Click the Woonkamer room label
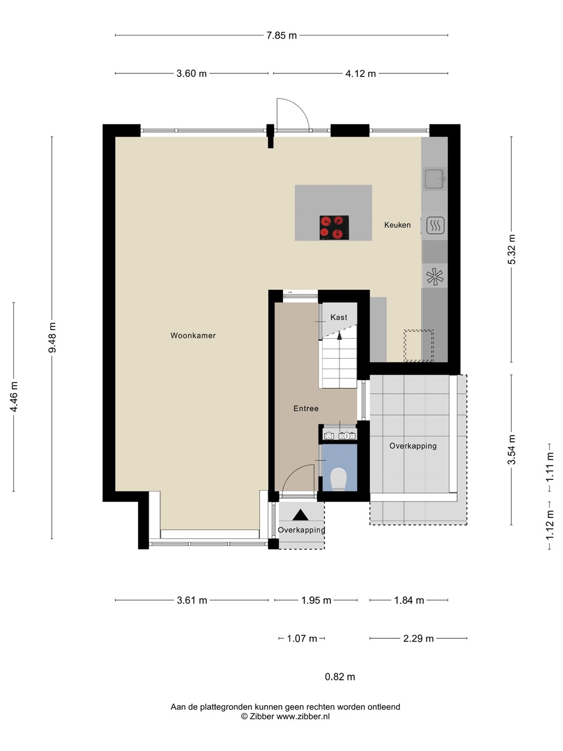[193, 336]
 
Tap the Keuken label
[397, 225]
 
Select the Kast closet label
[339, 317]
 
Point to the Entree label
[306, 408]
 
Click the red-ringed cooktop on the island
[334, 227]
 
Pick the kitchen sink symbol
[435, 178]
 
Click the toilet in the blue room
[339, 479]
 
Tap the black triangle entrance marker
[300, 515]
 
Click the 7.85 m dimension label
[281, 35]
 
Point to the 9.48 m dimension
[52, 337]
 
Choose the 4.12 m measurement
[361, 74]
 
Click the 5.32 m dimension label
[511, 249]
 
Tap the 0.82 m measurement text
[340, 676]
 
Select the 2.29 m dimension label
[419, 638]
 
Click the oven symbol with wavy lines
[435, 225]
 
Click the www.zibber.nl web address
[303, 716]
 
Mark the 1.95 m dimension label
[316, 600]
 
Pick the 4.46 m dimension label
[14, 396]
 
